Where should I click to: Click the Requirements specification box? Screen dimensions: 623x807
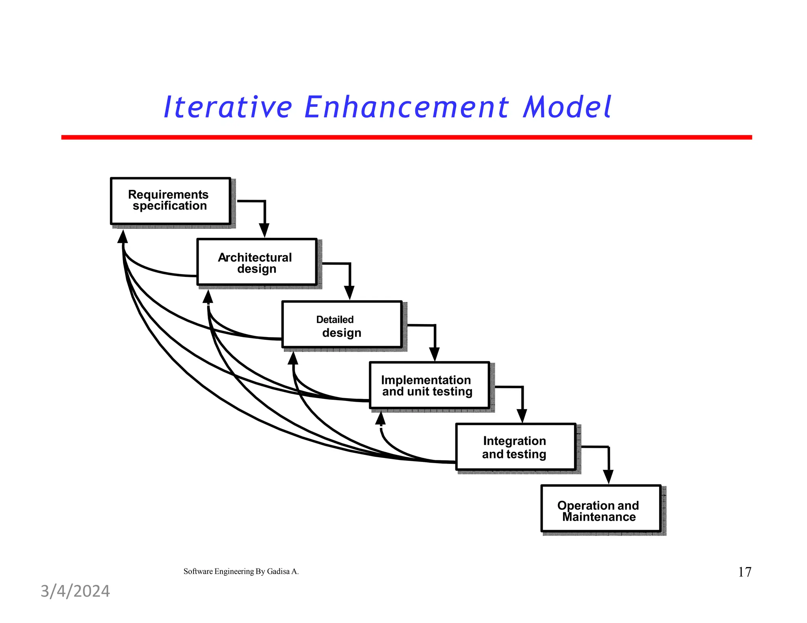170,201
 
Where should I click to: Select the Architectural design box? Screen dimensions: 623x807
257,262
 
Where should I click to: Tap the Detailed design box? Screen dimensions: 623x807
342,324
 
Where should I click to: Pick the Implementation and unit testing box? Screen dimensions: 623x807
429,386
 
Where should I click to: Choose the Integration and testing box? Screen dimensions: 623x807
515,447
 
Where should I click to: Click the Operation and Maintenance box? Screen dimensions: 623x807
601,509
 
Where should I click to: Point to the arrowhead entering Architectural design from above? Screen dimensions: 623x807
264,230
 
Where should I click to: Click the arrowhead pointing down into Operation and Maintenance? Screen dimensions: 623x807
608,477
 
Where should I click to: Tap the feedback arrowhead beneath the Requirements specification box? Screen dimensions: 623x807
123,237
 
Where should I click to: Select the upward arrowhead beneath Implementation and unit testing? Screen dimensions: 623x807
380,418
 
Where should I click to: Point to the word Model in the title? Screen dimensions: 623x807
567,107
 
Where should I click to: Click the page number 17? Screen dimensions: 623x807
744,572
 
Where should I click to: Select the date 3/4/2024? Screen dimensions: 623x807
75,591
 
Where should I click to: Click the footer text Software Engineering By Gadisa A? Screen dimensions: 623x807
241,571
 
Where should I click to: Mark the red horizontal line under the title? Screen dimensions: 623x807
406,137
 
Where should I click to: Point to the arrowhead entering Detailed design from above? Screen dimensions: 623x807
349,293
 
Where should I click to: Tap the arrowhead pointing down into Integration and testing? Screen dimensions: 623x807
522,415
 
